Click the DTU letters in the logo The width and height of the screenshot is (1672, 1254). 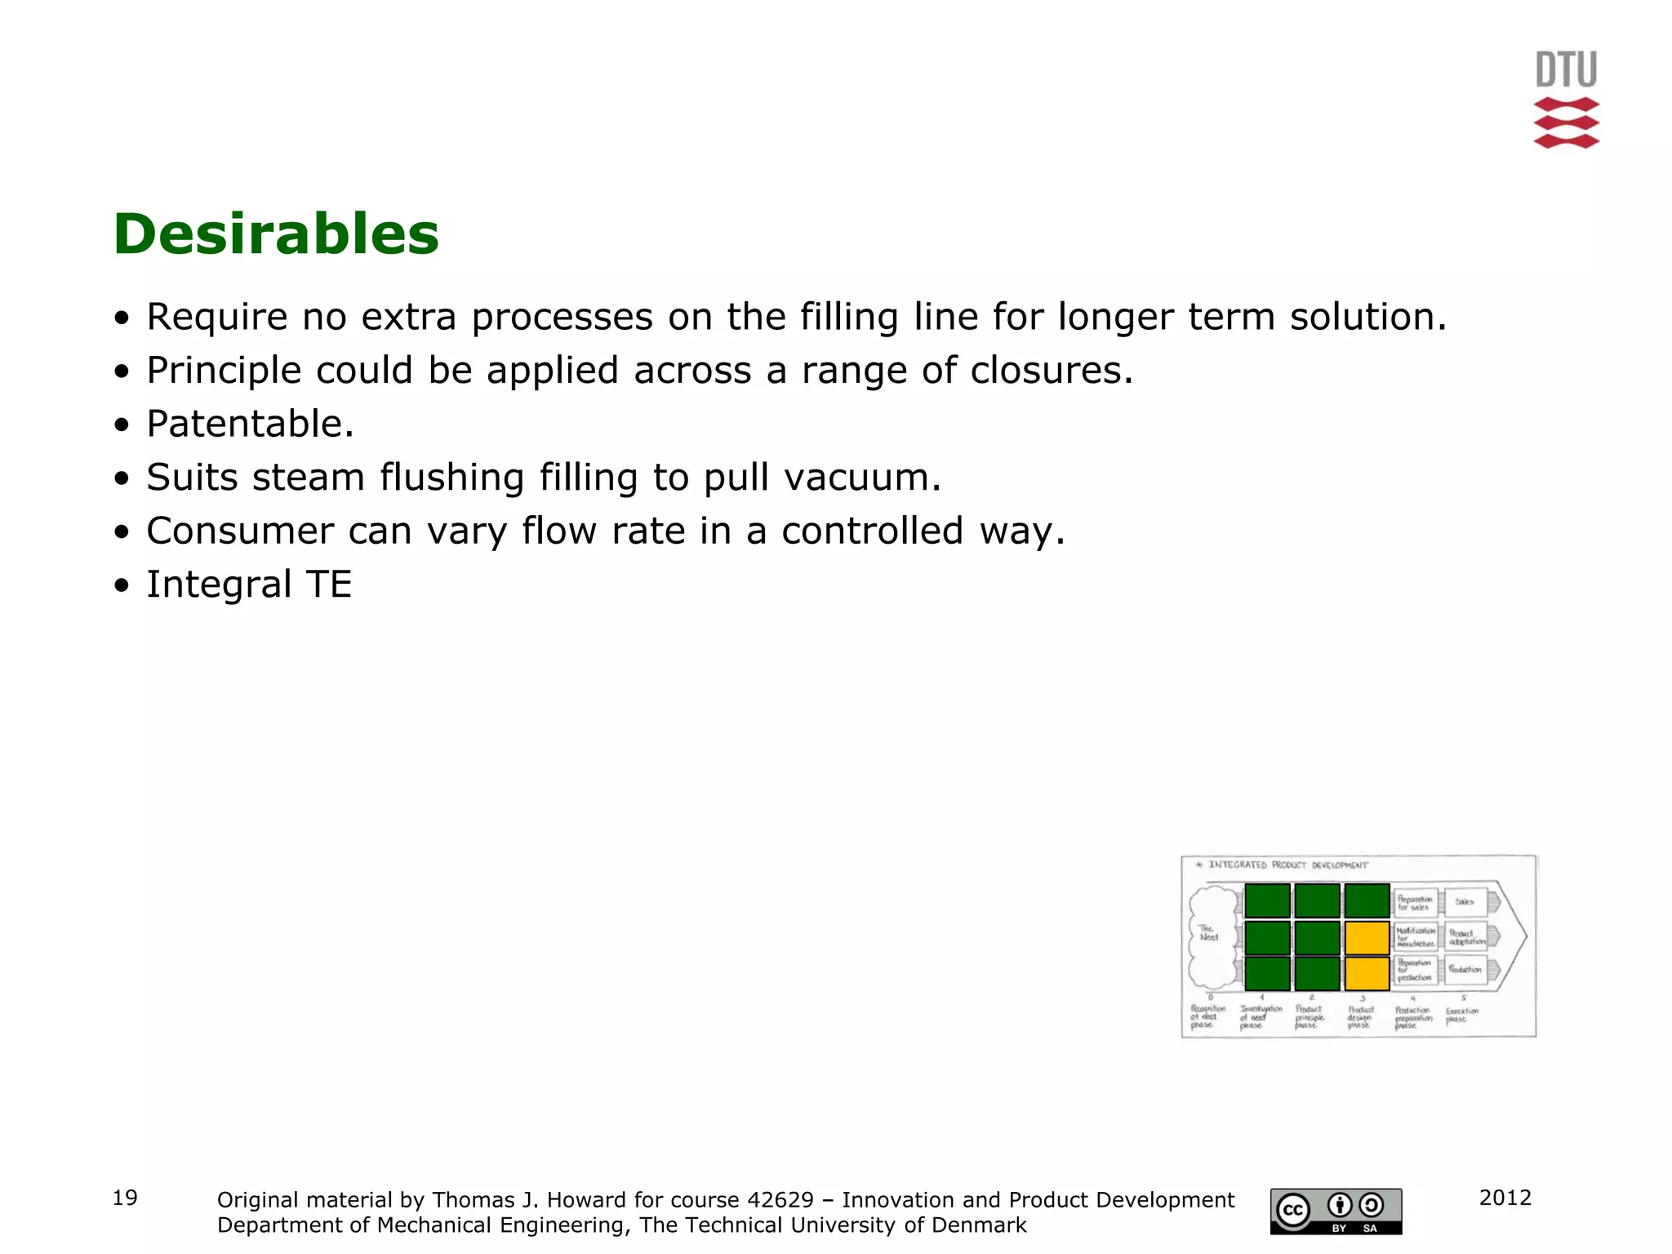[x=1566, y=69]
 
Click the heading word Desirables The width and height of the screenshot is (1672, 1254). [x=276, y=234]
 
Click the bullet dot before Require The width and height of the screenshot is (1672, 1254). [x=122, y=318]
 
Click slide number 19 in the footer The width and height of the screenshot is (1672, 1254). [x=125, y=1198]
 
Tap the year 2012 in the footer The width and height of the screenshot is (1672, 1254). [x=1505, y=1198]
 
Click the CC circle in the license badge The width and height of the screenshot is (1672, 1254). [x=1293, y=1210]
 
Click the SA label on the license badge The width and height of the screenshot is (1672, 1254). [x=1371, y=1228]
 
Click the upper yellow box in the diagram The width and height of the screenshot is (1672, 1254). [x=1367, y=938]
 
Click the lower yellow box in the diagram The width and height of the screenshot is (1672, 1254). [x=1367, y=974]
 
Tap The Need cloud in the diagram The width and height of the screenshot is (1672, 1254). [x=1212, y=935]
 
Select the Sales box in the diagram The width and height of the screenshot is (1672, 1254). [x=1465, y=902]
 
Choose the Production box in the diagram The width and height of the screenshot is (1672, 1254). [x=1465, y=970]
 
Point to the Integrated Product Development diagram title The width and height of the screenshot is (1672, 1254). [x=1287, y=865]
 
